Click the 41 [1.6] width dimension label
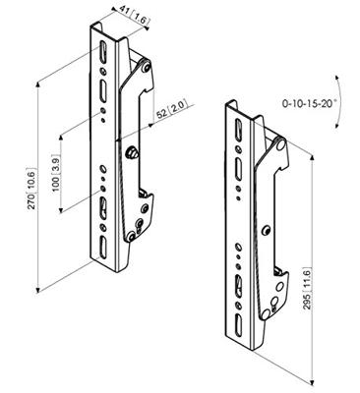(134, 16)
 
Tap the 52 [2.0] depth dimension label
(172, 110)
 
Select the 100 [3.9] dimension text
(56, 173)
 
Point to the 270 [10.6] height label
(32, 188)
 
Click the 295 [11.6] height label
(306, 289)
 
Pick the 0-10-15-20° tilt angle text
(310, 103)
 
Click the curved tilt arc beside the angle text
(338, 102)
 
